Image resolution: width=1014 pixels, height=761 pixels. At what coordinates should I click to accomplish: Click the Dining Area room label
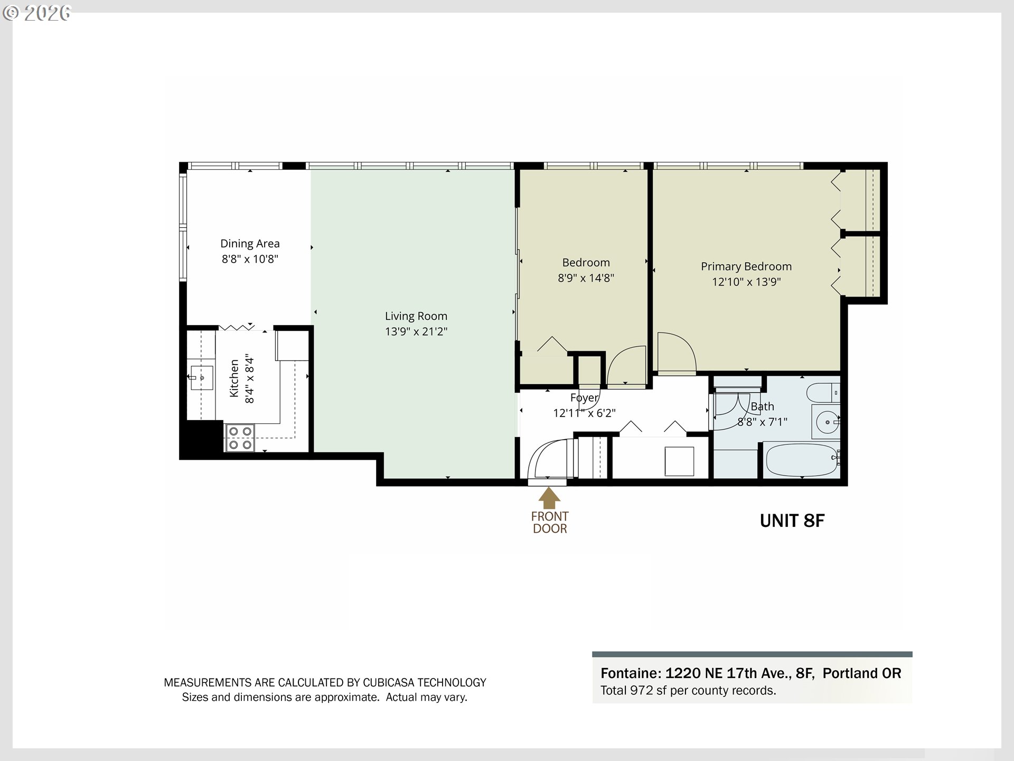point(250,244)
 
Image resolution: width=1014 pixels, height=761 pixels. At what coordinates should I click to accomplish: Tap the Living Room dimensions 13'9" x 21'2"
point(416,331)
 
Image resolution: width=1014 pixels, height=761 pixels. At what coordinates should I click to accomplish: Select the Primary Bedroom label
point(746,266)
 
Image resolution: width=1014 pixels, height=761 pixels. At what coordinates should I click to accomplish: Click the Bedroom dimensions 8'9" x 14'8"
point(586,278)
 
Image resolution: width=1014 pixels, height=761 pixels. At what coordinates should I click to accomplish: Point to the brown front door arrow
point(549,498)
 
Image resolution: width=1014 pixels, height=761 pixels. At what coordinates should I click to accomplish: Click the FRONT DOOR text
point(550,522)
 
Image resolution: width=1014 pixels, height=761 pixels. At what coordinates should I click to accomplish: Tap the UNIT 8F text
point(792,521)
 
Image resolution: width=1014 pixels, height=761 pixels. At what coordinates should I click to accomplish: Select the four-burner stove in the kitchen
point(240,438)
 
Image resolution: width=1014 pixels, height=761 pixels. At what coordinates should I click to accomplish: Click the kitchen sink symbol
point(201,378)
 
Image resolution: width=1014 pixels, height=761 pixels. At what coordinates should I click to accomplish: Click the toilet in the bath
point(822,393)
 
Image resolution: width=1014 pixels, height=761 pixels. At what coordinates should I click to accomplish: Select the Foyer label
point(584,398)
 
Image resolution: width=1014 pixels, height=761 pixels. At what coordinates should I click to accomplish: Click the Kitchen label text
point(234,378)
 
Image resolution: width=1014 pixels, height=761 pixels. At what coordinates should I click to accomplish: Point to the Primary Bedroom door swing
point(675,351)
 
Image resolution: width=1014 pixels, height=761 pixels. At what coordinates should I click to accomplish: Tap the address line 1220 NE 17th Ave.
point(750,673)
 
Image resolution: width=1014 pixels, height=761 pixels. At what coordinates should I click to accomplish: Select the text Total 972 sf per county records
point(688,691)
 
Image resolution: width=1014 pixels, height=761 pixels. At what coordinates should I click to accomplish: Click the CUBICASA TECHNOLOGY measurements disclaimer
point(325,682)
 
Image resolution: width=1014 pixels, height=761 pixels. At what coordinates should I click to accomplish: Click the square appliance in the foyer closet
point(679,461)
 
